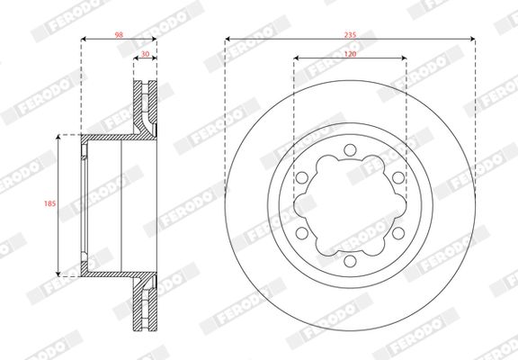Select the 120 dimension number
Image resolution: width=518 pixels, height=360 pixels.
[350, 53]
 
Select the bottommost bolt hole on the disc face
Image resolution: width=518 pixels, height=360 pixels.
[350, 263]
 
